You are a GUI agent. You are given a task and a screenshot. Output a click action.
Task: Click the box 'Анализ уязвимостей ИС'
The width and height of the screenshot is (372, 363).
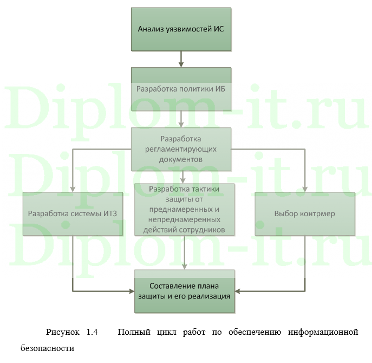(x=181, y=29)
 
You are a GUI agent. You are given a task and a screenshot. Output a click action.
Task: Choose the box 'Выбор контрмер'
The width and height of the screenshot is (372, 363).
(x=304, y=213)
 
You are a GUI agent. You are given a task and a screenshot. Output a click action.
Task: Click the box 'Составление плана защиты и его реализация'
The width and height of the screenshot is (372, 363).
(x=184, y=291)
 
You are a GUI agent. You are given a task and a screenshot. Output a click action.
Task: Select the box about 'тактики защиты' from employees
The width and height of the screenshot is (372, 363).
(x=184, y=209)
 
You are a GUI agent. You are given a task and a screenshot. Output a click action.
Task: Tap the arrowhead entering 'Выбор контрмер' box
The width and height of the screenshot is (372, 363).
(x=305, y=189)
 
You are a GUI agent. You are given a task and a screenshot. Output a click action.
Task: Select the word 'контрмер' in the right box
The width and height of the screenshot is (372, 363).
(x=318, y=213)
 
